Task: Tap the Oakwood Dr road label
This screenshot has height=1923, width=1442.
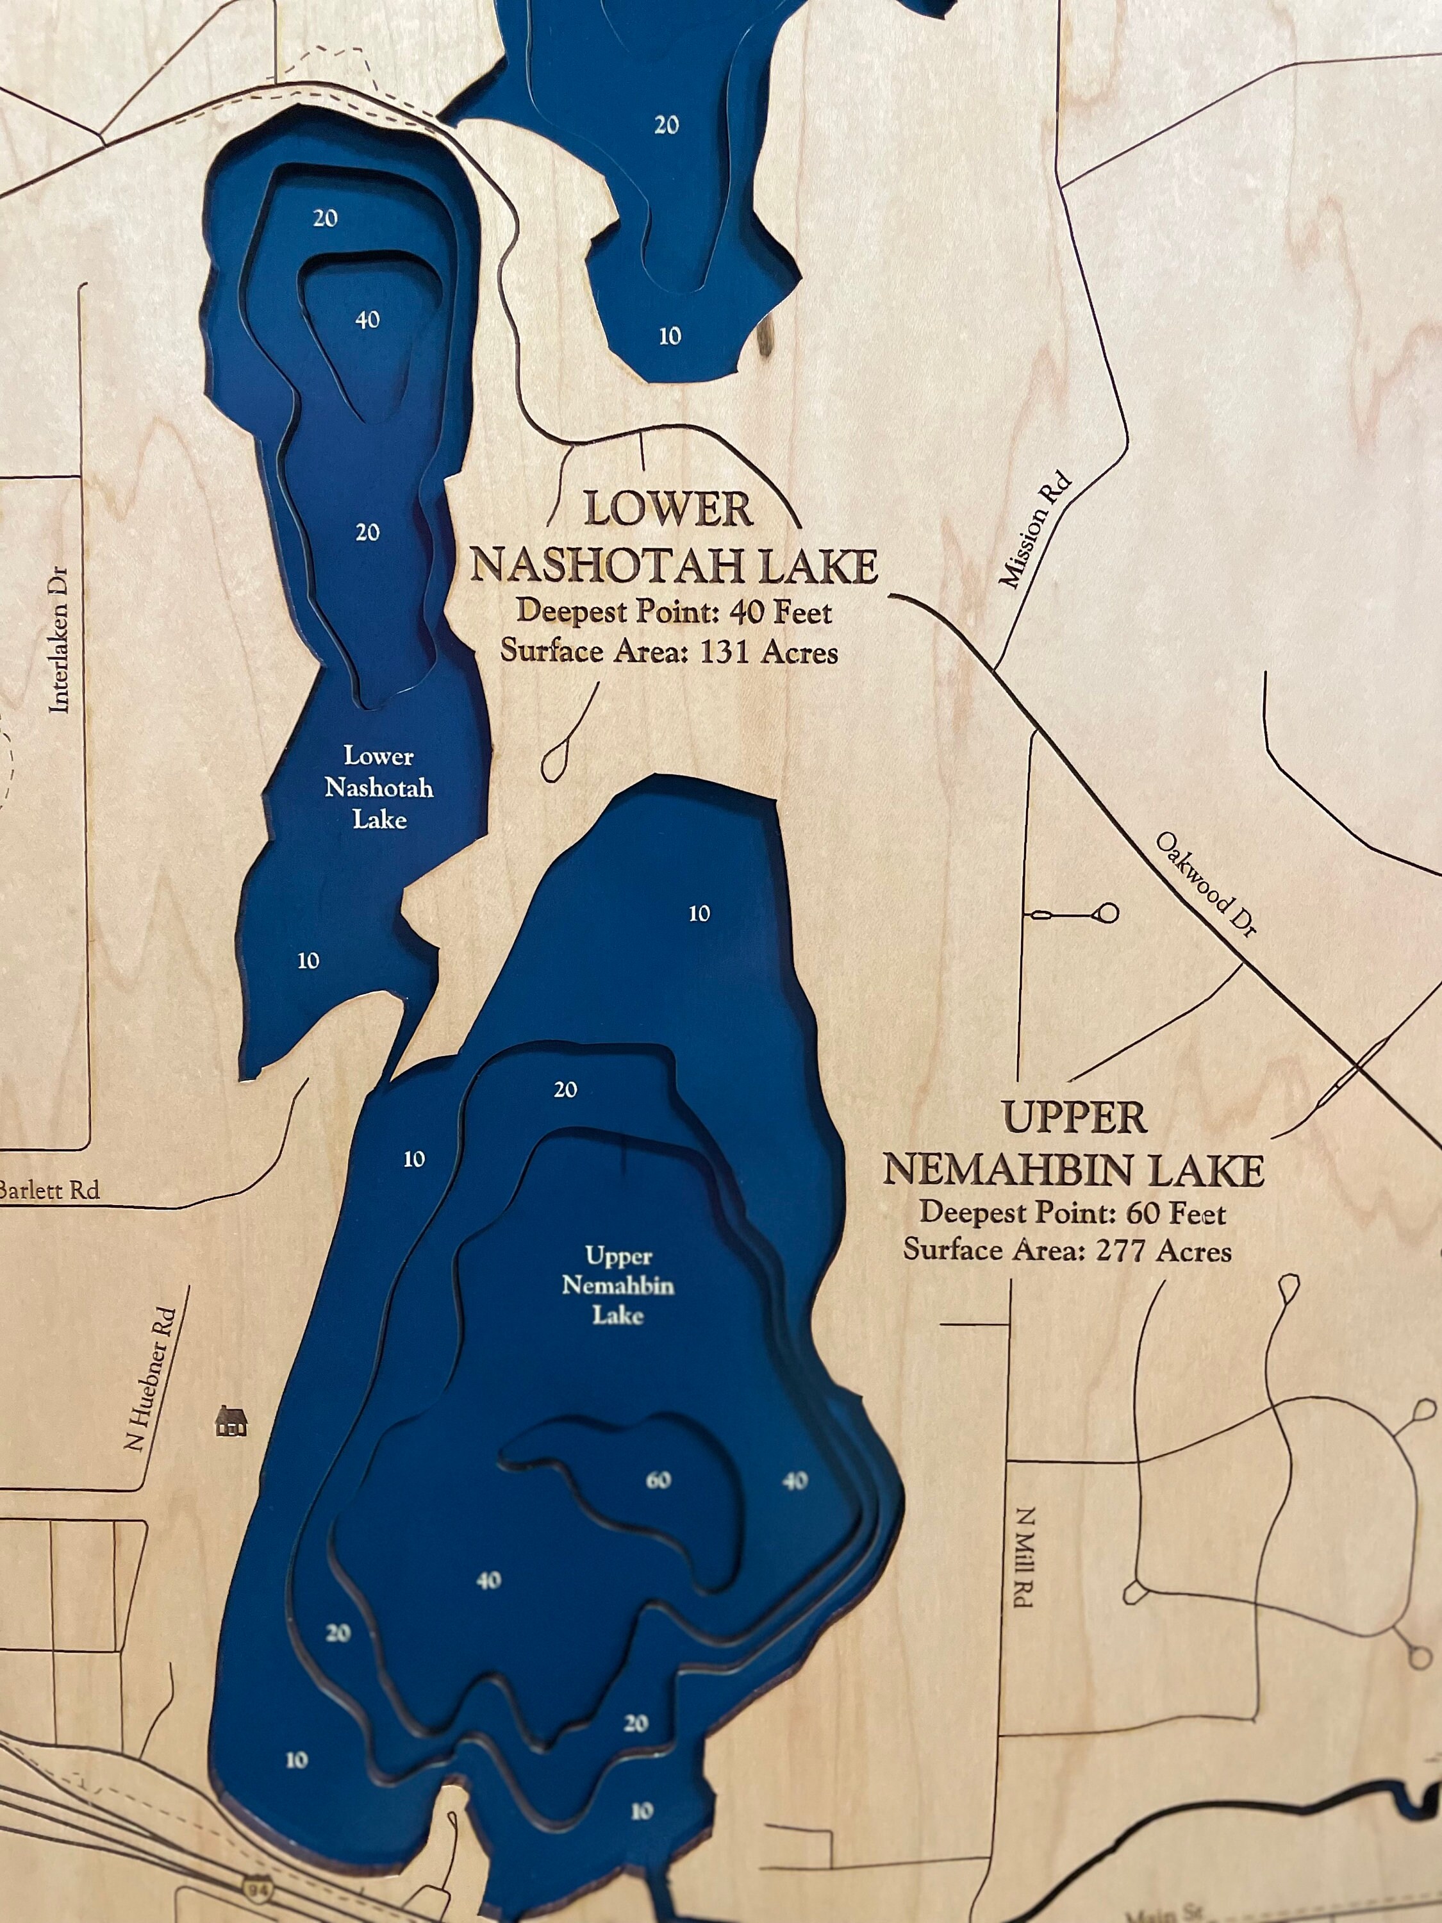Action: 1206,884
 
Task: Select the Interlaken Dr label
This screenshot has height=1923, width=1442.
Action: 59,640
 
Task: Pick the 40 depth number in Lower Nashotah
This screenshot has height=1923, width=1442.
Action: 368,320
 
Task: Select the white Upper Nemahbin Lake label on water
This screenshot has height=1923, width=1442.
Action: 617,1285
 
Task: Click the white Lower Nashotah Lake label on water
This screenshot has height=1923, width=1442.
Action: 379,788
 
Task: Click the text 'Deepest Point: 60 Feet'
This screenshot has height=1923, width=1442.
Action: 1073,1213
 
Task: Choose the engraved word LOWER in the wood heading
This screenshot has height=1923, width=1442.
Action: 668,510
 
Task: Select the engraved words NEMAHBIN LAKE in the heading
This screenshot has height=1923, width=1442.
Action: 1073,1170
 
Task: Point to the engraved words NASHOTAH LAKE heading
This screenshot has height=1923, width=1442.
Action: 674,565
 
